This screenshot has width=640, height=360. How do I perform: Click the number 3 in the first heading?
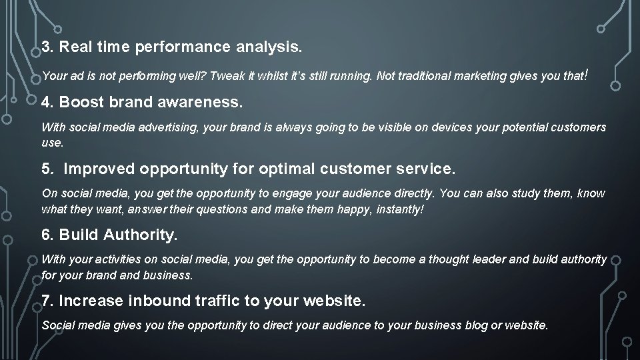coord(45,48)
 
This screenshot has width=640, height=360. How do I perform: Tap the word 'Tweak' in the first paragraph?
coord(227,77)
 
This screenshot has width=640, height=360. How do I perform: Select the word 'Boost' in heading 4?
coord(80,103)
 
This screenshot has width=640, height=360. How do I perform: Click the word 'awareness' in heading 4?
coord(208,103)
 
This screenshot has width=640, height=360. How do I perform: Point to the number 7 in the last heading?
coord(45,301)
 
